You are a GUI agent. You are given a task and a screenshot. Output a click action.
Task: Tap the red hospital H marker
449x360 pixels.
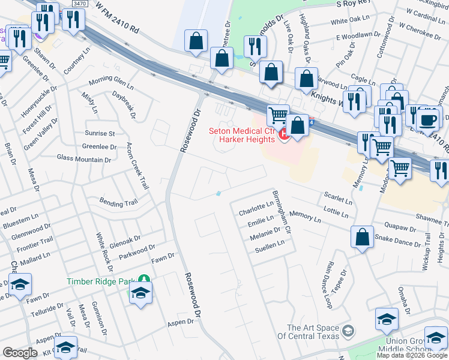pos(285,136)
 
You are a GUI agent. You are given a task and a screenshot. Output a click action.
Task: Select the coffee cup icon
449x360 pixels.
pos(428,119)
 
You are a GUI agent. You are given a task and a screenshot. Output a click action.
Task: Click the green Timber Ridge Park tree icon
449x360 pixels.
pos(143,278)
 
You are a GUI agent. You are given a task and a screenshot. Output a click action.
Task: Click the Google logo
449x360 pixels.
pos(20,353)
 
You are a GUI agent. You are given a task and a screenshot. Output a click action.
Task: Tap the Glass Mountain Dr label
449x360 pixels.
pos(84,159)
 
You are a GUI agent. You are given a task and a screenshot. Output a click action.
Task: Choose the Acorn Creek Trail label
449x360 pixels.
pos(137,166)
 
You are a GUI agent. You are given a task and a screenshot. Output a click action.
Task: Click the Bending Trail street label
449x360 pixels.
pos(118,203)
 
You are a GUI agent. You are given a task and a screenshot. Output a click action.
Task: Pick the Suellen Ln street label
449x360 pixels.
pos(269,247)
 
